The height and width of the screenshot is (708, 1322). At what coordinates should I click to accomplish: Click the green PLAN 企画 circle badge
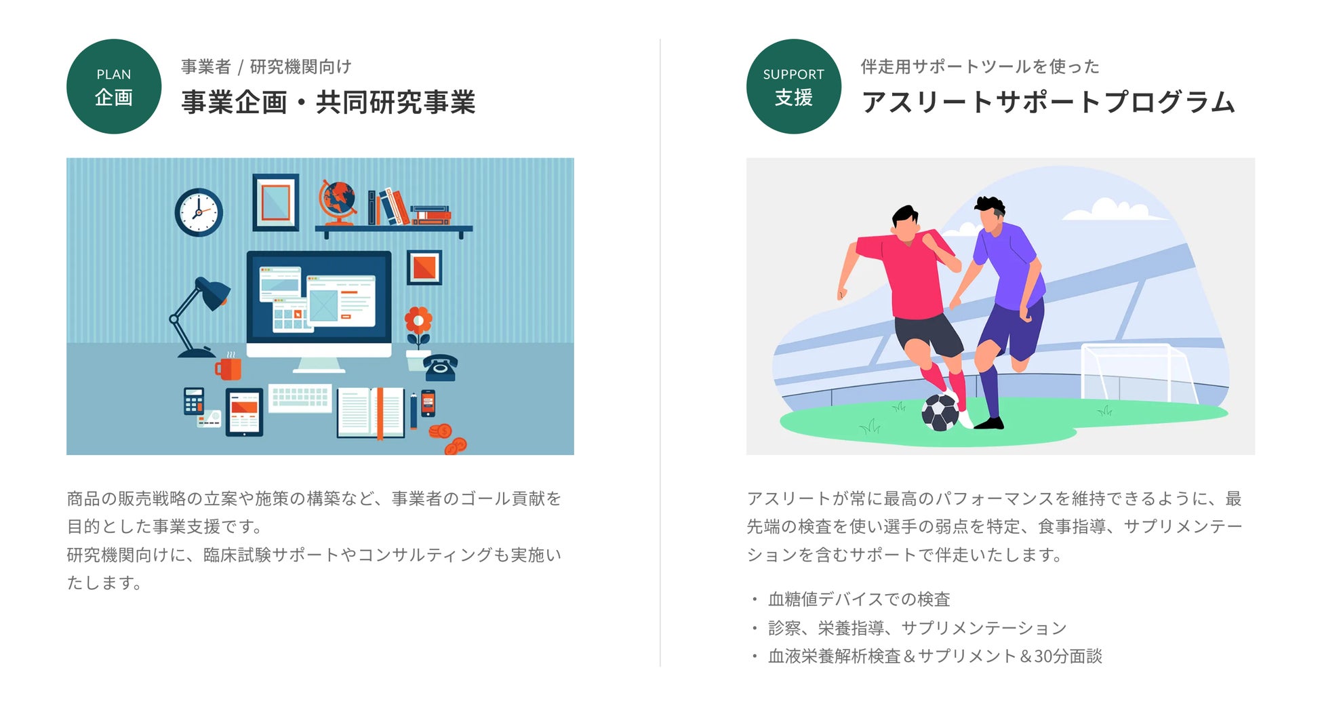click(114, 86)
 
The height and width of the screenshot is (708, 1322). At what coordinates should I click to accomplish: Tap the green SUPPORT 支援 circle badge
click(793, 86)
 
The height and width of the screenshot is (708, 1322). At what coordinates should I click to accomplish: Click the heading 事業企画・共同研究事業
click(328, 102)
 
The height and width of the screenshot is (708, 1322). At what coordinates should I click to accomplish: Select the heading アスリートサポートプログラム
click(1048, 102)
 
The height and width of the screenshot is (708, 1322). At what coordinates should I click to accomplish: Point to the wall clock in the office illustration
click(199, 212)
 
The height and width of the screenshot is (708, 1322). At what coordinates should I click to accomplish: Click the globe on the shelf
click(338, 201)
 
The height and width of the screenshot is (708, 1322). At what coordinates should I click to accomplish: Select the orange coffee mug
click(229, 368)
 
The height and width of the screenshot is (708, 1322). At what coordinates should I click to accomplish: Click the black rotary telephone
click(441, 367)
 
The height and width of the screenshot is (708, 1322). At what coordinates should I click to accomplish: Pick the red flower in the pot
click(418, 321)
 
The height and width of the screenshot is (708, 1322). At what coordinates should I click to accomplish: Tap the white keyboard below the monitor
click(300, 397)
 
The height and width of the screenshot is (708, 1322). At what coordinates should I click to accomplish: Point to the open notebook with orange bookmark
click(371, 412)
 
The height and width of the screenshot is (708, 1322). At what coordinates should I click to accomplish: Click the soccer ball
click(940, 412)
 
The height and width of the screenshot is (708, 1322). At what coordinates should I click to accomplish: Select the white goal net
click(1134, 373)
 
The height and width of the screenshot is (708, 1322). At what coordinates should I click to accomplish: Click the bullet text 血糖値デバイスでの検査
click(859, 599)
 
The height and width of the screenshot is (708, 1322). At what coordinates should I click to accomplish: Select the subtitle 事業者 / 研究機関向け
click(266, 66)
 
